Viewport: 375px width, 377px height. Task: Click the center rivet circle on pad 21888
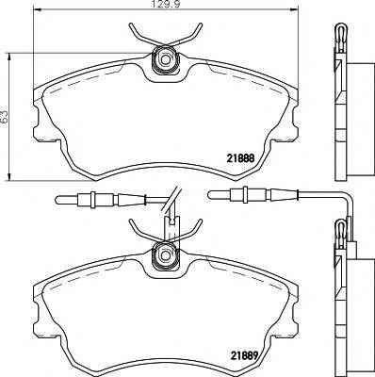(x=166, y=59)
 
